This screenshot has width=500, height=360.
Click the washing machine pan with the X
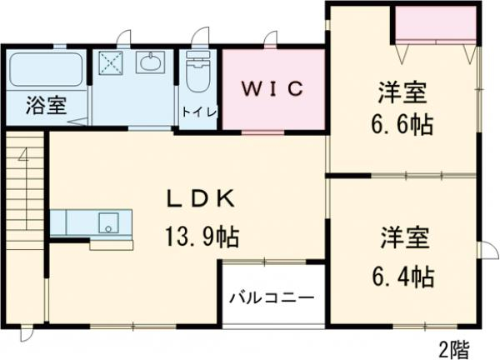111,63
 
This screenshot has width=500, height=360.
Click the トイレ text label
198,112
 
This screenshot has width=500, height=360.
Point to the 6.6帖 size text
401,126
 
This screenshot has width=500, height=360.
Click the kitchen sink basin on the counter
108,222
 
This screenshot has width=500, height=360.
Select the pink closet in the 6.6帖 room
436,26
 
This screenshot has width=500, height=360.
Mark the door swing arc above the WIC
271,38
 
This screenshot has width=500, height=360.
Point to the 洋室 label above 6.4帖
405,237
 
